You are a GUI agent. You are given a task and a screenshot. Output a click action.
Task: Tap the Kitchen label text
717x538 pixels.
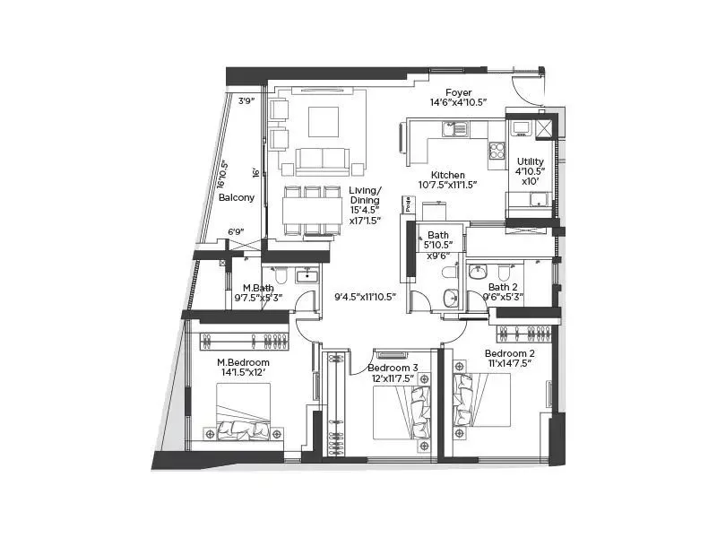click(447, 175)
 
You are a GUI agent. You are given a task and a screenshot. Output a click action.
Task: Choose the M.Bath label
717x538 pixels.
click(257, 288)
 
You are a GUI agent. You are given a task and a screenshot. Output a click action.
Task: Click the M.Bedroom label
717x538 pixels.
click(243, 362)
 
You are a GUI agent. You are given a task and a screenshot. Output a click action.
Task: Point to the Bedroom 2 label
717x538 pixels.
click(510, 353)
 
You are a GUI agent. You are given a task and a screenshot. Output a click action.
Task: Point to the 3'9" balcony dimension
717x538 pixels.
click(246, 101)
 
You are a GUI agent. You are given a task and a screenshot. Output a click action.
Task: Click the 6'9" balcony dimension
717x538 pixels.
click(237, 232)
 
